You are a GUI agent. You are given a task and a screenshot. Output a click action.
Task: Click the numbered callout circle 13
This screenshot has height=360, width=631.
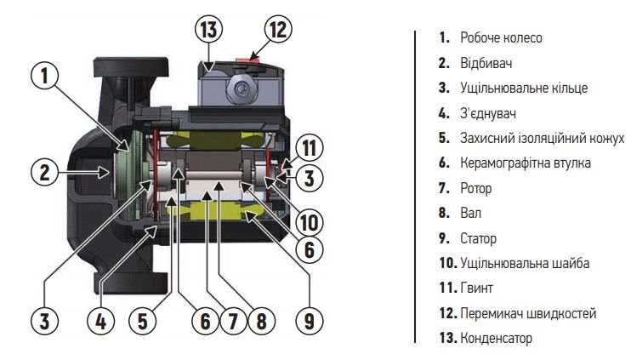pyautogui.click(x=207, y=30)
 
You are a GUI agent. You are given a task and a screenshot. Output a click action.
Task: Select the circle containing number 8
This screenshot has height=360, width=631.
pyautogui.click(x=260, y=321)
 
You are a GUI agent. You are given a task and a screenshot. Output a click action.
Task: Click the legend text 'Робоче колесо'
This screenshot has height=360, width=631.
pyautogui.click(x=501, y=38)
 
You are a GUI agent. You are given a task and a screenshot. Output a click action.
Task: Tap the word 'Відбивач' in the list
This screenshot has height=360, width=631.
pyautogui.click(x=486, y=63)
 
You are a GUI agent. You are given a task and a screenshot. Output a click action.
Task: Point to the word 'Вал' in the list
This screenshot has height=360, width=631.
pyautogui.click(x=471, y=214)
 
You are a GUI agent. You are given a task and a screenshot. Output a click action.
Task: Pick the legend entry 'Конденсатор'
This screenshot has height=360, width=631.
pyautogui.click(x=497, y=339)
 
